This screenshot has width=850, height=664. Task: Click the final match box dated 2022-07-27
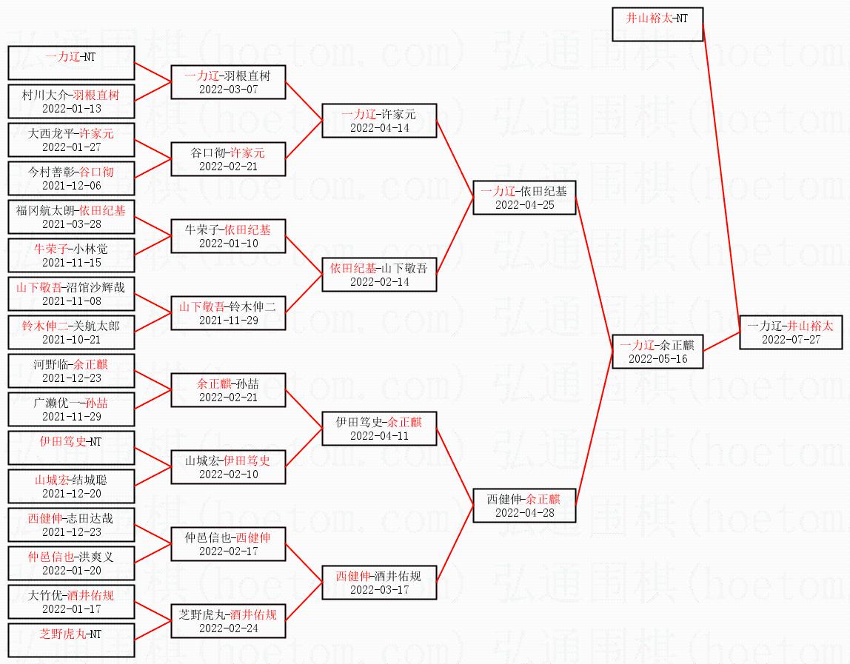(x=791, y=332)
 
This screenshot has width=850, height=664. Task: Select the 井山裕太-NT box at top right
(x=657, y=24)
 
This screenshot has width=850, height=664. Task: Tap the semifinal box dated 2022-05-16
(x=657, y=352)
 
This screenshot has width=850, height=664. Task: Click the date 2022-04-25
(x=525, y=205)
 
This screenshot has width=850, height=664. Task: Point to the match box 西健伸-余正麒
(x=524, y=506)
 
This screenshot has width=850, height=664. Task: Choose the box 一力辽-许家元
(x=379, y=121)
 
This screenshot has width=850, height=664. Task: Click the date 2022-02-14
(x=379, y=282)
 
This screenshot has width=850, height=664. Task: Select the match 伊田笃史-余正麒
(x=379, y=429)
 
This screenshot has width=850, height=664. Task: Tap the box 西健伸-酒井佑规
(x=379, y=583)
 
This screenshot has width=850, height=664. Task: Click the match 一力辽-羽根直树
(x=228, y=82)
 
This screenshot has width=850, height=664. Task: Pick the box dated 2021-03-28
(x=71, y=217)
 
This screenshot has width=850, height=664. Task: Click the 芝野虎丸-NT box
(x=71, y=640)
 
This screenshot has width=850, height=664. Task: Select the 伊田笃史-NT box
(x=71, y=448)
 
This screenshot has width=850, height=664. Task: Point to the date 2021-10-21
(x=72, y=340)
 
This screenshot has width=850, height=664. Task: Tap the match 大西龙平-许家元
(x=71, y=140)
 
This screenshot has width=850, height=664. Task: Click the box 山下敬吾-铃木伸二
(x=228, y=313)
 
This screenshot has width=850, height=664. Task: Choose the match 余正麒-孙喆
(x=228, y=389)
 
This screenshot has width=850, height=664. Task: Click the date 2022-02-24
(x=228, y=628)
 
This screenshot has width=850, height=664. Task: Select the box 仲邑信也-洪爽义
(x=71, y=563)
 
